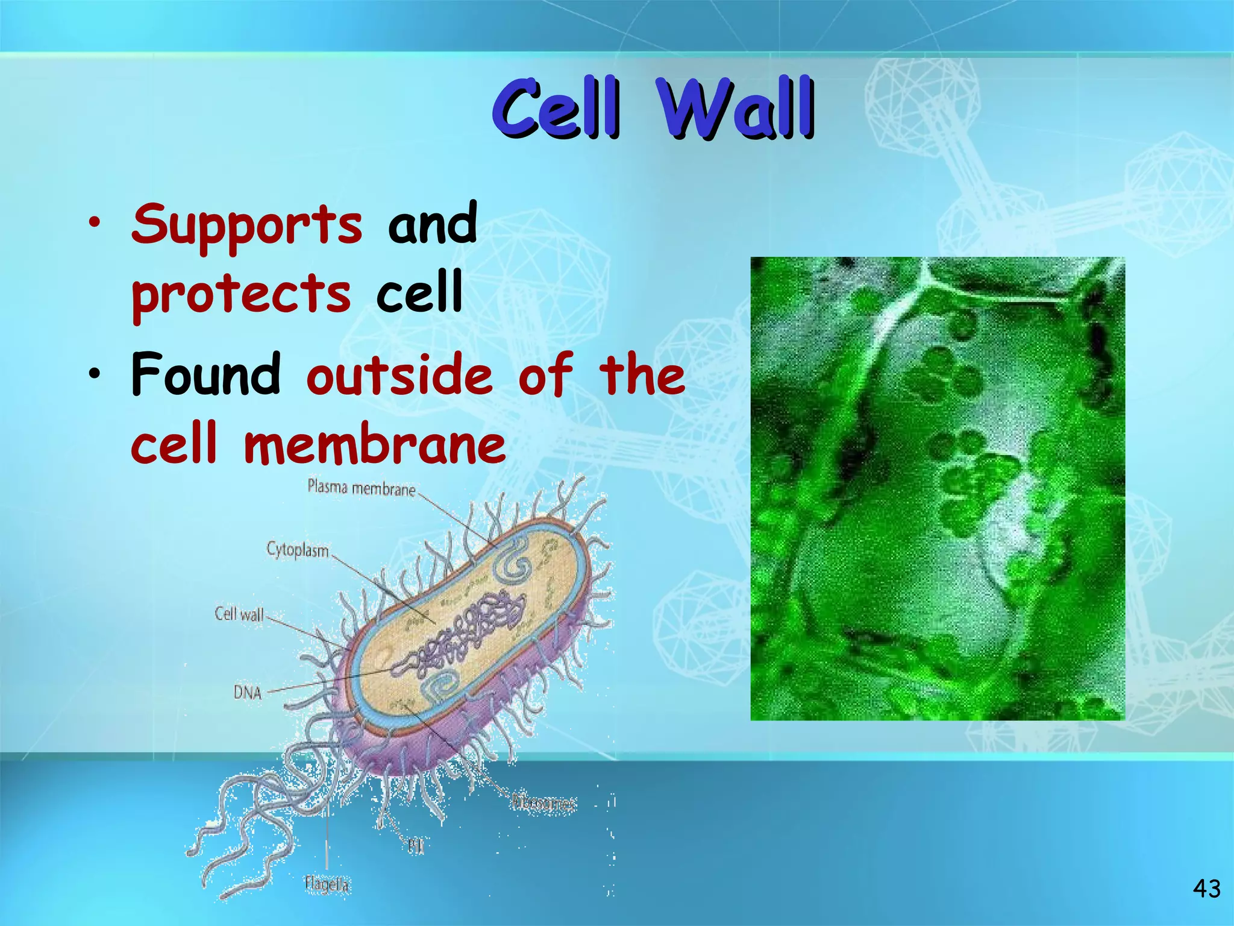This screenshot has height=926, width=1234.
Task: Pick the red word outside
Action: point(399,375)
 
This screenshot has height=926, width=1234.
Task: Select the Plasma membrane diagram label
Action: point(362,487)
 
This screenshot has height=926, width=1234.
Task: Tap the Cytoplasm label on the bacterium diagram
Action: point(298,550)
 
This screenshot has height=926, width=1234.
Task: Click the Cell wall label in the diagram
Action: point(239,614)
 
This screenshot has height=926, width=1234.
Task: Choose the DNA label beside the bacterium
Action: point(247,693)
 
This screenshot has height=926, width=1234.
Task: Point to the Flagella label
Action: point(327,884)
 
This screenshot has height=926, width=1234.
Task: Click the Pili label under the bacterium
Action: point(416,846)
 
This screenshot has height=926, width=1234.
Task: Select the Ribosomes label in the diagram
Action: point(543,802)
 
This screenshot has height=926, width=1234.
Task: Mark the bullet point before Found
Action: point(94,375)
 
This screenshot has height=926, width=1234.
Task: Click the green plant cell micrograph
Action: point(937,488)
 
